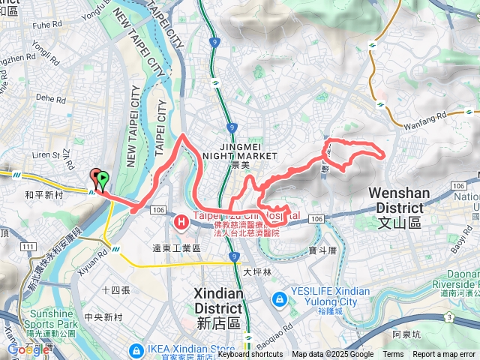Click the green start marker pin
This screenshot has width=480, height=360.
point(103,178)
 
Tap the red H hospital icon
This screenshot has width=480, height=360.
point(181,222)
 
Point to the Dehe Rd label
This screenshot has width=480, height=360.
point(51,97)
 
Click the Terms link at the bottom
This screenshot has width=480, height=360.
point(393,354)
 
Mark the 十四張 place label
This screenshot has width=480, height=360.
point(115,289)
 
